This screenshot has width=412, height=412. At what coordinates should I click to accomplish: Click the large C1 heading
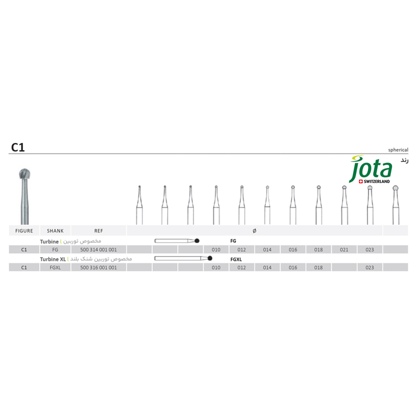tap(18, 147)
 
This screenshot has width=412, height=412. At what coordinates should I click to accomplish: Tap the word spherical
tap(398, 149)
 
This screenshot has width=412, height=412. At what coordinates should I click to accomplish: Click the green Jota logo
tap(370, 169)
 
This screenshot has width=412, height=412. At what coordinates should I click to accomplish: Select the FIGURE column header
tap(24, 231)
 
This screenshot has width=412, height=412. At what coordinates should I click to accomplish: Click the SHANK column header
tap(55, 231)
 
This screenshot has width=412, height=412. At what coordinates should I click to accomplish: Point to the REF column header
tap(98, 231)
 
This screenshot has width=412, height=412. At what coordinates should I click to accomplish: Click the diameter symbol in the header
tap(254, 231)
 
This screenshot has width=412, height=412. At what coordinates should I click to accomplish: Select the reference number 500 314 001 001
tap(98, 250)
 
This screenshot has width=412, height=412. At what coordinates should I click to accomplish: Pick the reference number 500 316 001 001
tap(98, 267)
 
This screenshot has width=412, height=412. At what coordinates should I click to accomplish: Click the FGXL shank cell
tap(55, 267)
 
